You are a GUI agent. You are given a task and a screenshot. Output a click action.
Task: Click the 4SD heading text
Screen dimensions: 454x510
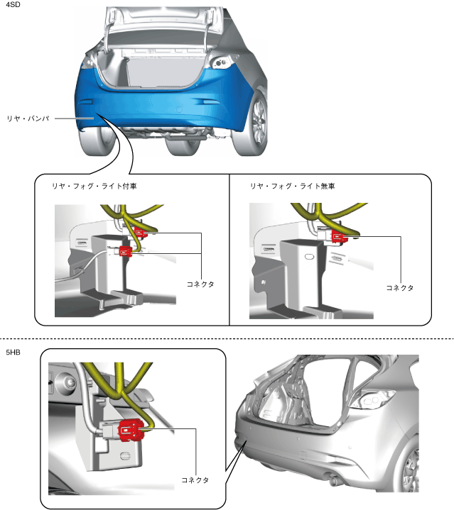coord(11,6)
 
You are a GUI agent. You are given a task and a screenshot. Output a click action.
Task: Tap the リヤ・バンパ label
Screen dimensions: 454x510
coord(27,118)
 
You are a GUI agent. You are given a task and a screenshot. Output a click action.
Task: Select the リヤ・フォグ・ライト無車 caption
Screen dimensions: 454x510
coord(292,186)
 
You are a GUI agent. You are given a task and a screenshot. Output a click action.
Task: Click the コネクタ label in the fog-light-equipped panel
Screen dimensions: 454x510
coord(198,284)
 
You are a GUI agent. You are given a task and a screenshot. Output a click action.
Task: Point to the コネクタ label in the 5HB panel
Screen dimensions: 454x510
coord(195,480)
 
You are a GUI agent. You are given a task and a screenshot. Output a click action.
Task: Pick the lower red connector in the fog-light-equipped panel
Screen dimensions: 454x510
coord(126,250)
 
